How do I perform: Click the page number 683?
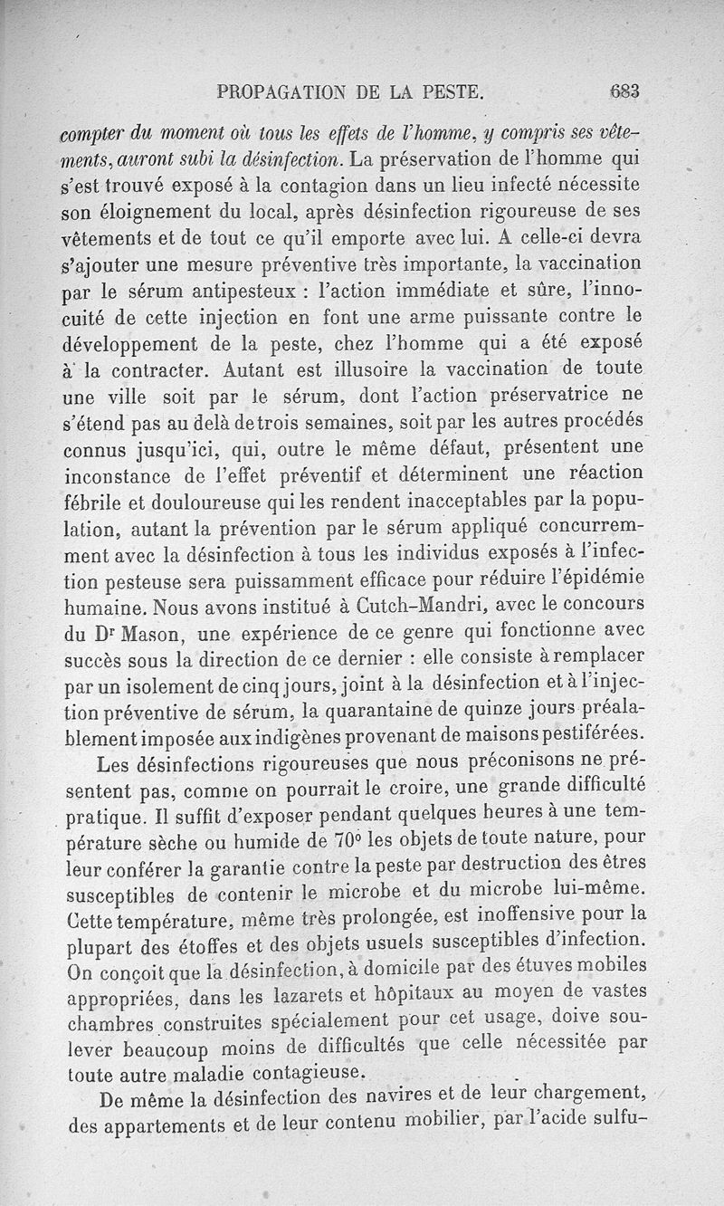(x=625, y=91)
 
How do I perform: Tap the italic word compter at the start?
(x=94, y=131)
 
